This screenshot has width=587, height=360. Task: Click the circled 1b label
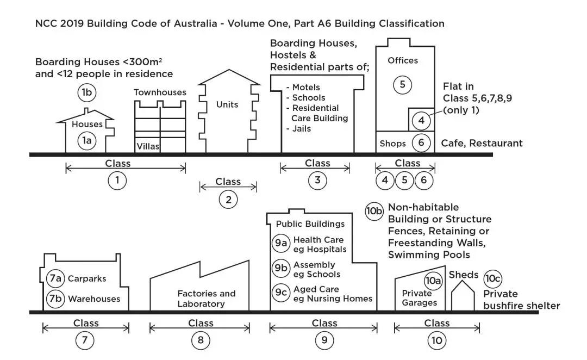(x=87, y=92)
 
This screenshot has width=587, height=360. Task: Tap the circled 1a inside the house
(x=87, y=141)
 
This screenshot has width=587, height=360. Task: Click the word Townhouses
(x=160, y=92)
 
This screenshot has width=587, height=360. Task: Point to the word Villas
(x=148, y=146)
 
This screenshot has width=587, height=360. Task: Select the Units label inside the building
(x=227, y=104)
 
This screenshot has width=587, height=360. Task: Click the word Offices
(x=403, y=60)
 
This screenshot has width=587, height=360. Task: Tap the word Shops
(x=393, y=144)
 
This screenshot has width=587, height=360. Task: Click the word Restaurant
(x=497, y=144)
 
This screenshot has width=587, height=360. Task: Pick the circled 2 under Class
(x=228, y=200)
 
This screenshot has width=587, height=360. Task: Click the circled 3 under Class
(x=317, y=181)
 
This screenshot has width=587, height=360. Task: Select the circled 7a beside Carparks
(x=55, y=278)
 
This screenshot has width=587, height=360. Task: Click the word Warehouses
(x=94, y=299)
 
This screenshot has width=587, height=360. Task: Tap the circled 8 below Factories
(x=200, y=341)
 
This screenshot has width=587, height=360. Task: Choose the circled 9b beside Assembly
(x=281, y=268)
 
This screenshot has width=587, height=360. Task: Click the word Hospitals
(x=327, y=250)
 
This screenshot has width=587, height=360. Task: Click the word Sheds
(x=464, y=275)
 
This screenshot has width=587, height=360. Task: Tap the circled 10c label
(x=493, y=279)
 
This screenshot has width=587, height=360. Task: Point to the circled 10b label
(x=374, y=211)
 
